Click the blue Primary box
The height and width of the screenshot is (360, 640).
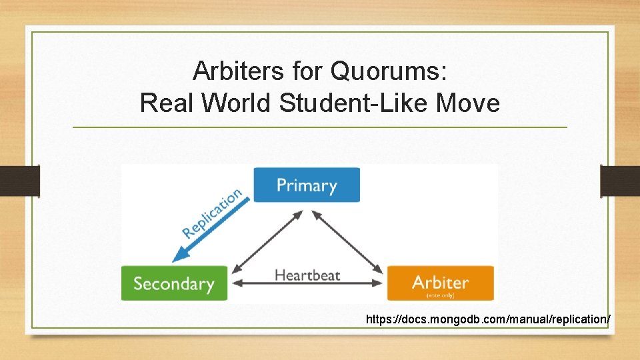[307, 185]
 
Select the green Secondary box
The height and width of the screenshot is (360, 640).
[174, 283]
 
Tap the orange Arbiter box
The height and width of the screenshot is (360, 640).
[441, 283]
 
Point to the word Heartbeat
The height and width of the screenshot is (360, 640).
[307, 275]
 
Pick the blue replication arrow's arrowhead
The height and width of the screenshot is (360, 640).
[177, 257]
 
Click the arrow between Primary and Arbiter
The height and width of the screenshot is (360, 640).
[347, 241]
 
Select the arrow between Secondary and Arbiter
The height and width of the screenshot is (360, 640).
[307, 284]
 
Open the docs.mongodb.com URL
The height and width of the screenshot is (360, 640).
[487, 320]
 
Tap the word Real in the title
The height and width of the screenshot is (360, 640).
[167, 103]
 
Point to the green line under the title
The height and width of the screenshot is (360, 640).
[320, 127]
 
